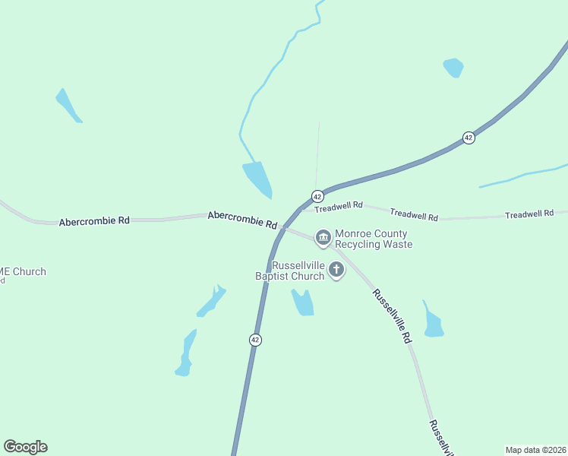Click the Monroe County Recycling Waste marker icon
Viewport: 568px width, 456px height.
click(x=323, y=239)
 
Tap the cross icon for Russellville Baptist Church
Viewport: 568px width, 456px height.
click(x=336, y=271)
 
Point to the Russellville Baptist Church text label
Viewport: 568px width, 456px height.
click(x=289, y=271)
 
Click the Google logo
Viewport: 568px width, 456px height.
click(x=25, y=447)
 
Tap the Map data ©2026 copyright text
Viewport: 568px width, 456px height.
click(x=535, y=449)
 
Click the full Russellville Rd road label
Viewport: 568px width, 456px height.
click(x=392, y=316)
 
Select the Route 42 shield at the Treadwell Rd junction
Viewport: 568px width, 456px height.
click(x=317, y=196)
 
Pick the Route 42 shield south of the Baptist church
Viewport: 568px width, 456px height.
click(x=255, y=340)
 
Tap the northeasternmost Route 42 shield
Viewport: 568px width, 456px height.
click(x=469, y=138)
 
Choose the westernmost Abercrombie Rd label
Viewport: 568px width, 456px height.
click(x=94, y=220)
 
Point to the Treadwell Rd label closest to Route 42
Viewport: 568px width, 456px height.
click(x=339, y=206)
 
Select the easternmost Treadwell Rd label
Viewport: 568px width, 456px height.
click(x=529, y=214)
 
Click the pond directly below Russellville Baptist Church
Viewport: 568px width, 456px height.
click(x=303, y=302)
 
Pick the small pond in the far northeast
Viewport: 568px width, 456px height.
click(x=453, y=67)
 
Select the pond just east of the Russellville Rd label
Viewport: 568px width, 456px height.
click(x=433, y=323)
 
